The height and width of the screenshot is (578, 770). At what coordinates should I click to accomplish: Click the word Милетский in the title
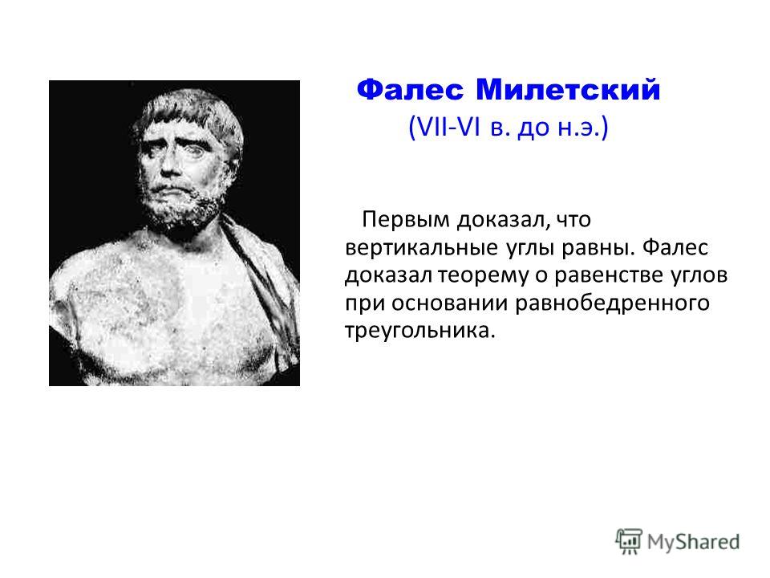[x=568, y=91]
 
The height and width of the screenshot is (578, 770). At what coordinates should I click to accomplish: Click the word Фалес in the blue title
[x=410, y=91]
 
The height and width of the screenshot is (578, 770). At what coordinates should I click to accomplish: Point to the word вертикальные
[x=422, y=247]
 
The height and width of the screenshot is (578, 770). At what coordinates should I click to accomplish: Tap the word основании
[x=450, y=303]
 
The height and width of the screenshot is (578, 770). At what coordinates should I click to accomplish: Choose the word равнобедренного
[x=612, y=303]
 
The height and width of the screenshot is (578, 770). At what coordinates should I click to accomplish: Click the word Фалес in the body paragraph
[x=675, y=247]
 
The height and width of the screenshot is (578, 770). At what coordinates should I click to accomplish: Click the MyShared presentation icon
[x=629, y=541]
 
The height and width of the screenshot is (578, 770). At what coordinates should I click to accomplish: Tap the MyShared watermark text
[x=693, y=543]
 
